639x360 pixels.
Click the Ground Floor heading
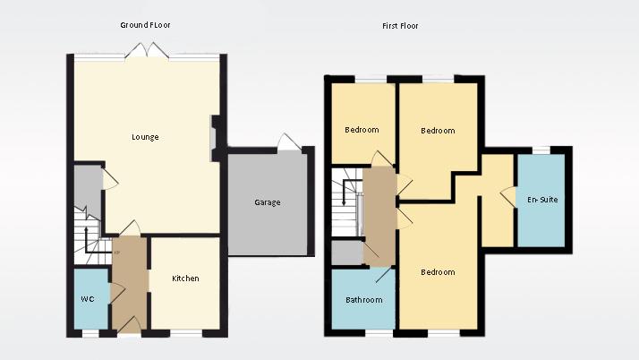[145, 25]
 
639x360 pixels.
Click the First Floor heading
[400, 26]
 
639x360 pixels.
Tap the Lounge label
[145, 137]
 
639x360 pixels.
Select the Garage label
[267, 202]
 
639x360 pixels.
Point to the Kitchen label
[185, 279]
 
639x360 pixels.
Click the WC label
[88, 298]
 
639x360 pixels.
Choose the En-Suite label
[542, 200]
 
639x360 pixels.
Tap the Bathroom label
[364, 300]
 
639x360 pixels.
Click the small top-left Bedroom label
[362, 130]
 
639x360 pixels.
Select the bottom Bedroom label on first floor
[438, 272]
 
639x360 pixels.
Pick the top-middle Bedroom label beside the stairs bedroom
[438, 131]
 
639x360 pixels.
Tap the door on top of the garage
[287, 143]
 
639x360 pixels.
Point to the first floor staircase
[346, 208]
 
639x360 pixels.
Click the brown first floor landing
[379, 215]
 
